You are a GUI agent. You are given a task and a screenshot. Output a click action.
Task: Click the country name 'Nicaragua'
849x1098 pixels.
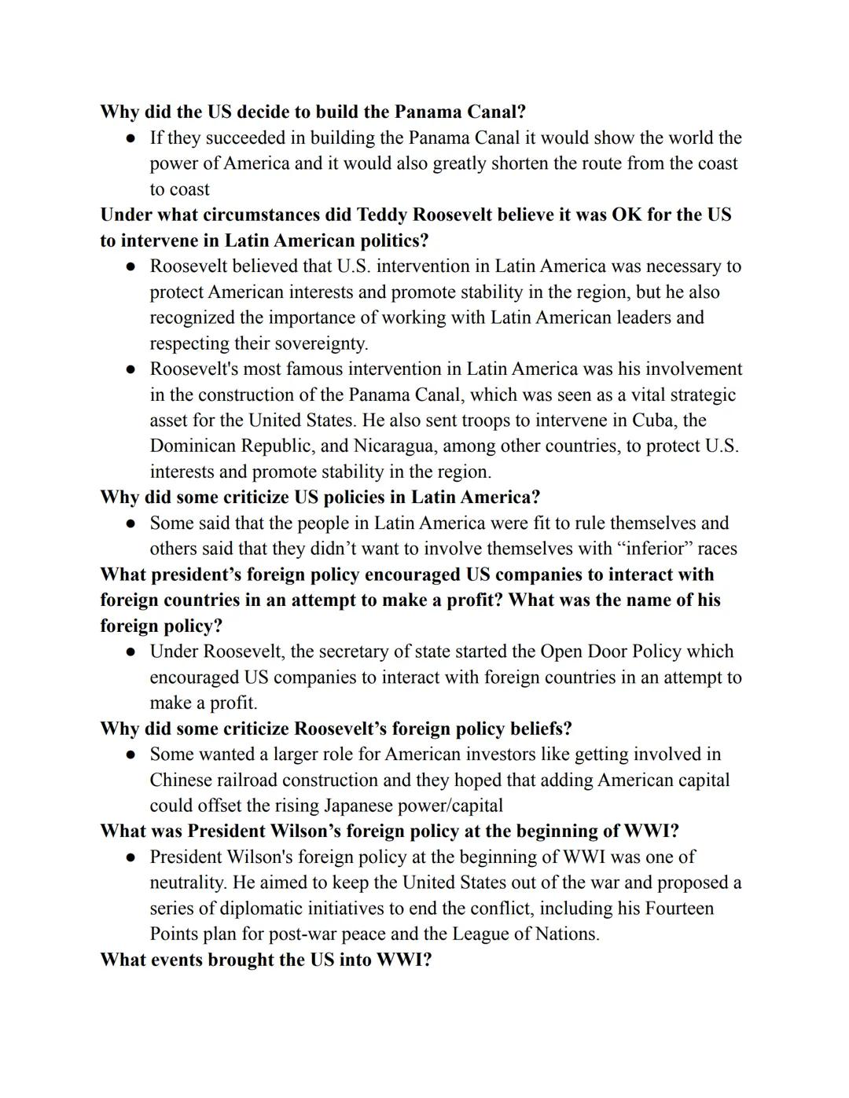click(x=395, y=446)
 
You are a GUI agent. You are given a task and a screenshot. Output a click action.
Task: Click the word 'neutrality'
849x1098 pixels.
click(x=188, y=883)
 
